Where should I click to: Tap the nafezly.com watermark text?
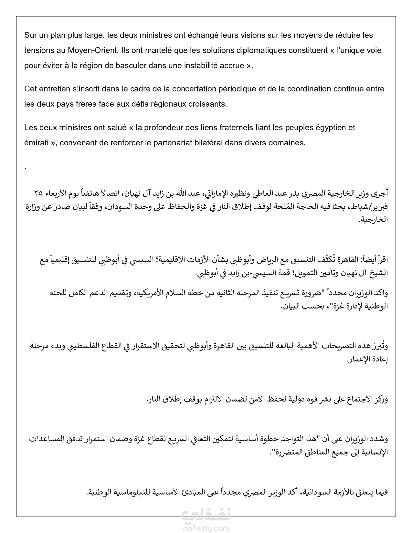(206, 529)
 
